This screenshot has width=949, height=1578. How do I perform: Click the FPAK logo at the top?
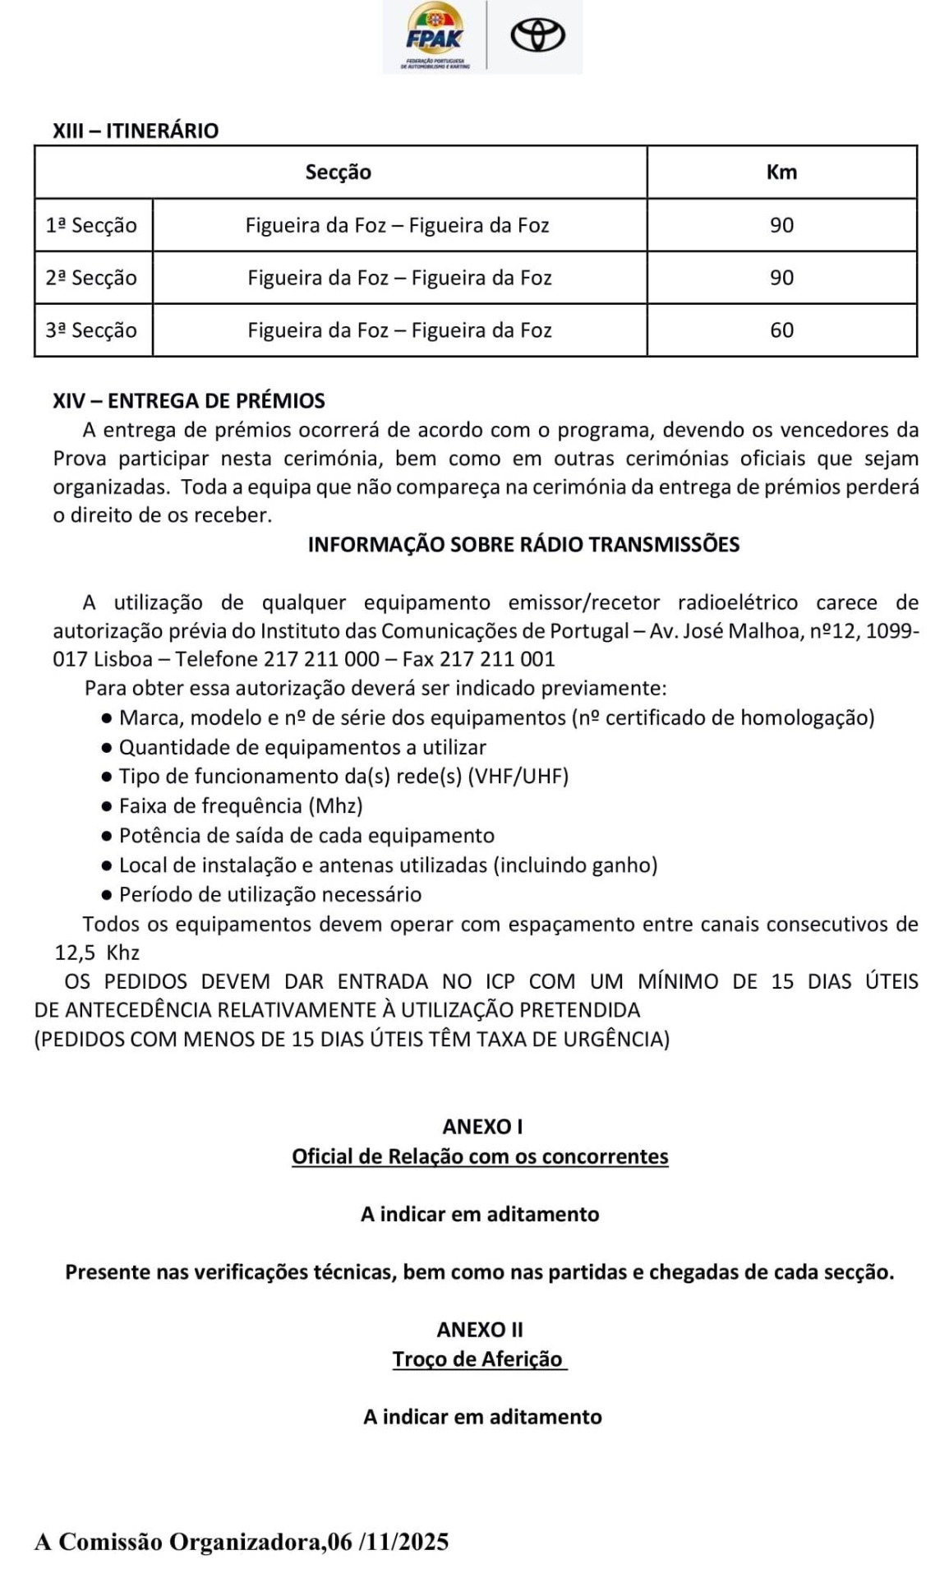pos(435,37)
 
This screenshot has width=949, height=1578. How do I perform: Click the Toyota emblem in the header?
pos(538,36)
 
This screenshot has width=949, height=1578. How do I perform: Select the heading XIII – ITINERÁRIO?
pos(136,131)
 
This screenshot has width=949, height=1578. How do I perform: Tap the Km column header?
pos(781,172)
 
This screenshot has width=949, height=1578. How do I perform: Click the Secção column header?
pos(339,172)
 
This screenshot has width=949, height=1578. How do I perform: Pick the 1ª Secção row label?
pos(91,225)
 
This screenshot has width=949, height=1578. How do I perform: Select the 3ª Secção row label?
pos(91,330)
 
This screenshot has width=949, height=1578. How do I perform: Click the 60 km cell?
pos(781,330)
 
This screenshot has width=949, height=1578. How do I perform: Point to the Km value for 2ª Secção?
pos(781,278)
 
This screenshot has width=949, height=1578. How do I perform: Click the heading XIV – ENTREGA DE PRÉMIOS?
pos(189,401)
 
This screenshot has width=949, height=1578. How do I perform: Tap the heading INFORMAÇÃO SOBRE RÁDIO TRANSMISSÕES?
pos(523,545)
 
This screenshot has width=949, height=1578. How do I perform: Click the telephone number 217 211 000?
pos(322,659)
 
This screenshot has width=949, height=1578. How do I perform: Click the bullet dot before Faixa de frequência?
pos(106,806)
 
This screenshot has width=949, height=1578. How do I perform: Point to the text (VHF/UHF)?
pos(518,777)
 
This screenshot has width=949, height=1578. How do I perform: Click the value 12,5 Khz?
pos(97,953)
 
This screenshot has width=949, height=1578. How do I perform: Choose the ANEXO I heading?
pos(482,1127)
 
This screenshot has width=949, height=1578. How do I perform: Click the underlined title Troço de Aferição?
pos(477,1359)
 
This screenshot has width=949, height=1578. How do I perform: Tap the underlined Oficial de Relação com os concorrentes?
pos(480,1156)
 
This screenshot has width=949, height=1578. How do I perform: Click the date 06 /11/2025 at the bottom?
pos(388,1542)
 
